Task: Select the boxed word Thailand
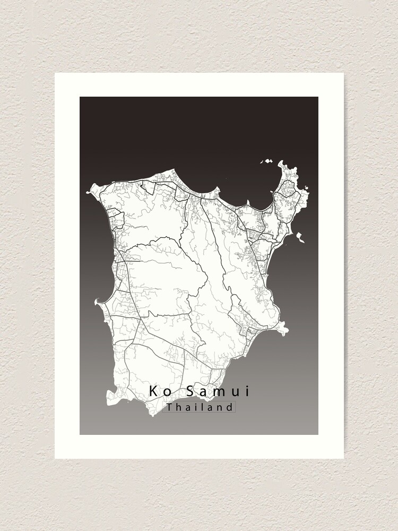coord(200,407)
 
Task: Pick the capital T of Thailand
coord(169,407)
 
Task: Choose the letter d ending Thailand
coord(230,407)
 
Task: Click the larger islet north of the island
coord(268,161)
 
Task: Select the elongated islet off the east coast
coord(301,237)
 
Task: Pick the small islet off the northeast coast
coord(305,187)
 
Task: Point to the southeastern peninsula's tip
coord(287,331)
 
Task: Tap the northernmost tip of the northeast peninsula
coord(291,164)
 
